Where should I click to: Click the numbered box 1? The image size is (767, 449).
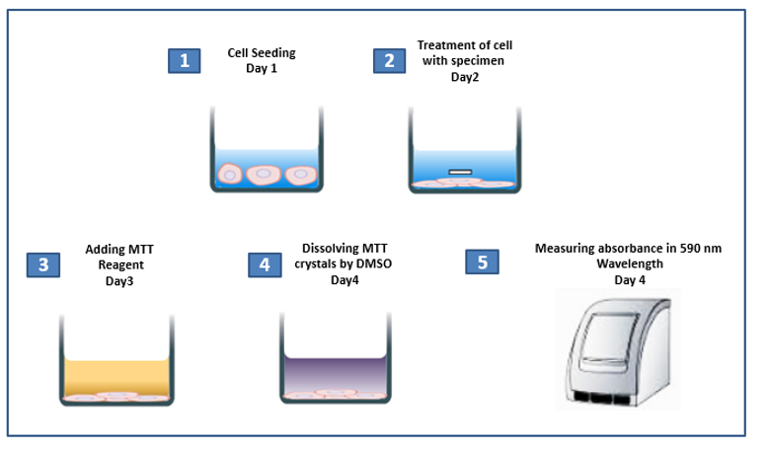pyautogui.click(x=184, y=60)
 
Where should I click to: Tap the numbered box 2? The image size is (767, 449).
pyautogui.click(x=389, y=60)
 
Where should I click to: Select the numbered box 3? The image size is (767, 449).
pyautogui.click(x=43, y=264)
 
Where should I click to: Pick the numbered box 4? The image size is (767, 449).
pyautogui.click(x=265, y=264)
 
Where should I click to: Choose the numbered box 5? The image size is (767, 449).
pyautogui.click(x=483, y=262)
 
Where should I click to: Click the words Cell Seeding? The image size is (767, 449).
pyautogui.click(x=262, y=53)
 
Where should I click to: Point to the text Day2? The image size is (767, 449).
pyautogui.click(x=465, y=77)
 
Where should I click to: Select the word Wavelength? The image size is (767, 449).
pyautogui.click(x=630, y=263)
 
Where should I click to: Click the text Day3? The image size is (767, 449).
pyautogui.click(x=119, y=280)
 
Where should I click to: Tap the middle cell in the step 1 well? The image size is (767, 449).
pyautogui.click(x=264, y=174)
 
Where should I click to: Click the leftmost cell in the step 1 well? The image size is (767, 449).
pyautogui.click(x=229, y=174)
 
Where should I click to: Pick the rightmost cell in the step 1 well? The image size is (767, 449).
pyautogui.click(x=301, y=175)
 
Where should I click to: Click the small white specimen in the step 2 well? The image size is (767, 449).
pyautogui.click(x=460, y=172)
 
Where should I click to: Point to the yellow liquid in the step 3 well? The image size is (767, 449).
pyautogui.click(x=116, y=376)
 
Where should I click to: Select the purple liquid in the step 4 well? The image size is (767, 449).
pyautogui.click(x=336, y=373)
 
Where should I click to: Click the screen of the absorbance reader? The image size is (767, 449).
pyautogui.click(x=609, y=338)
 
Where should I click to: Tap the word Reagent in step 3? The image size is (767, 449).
pyautogui.click(x=120, y=265)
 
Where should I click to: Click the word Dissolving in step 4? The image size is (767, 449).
pyautogui.click(x=326, y=248)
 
